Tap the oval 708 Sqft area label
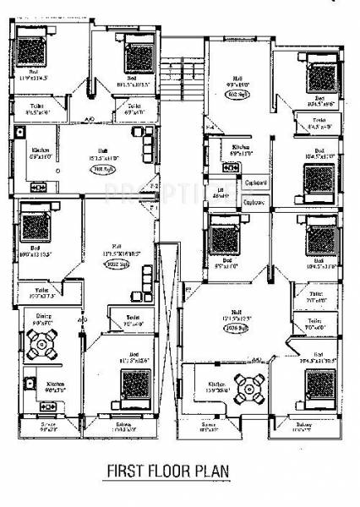(x=102, y=168)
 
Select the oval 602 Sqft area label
(x=234, y=94)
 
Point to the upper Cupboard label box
(x=255, y=183)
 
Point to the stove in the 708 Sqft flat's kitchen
(x=38, y=186)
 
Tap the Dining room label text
(x=40, y=319)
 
